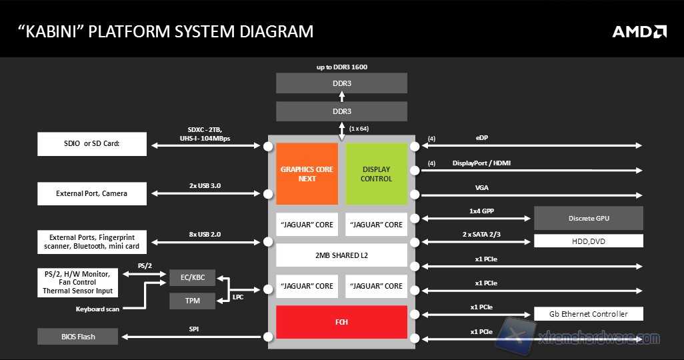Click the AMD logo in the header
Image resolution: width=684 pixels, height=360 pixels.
click(x=639, y=31)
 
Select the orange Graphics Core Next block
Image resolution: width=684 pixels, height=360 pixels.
click(x=307, y=174)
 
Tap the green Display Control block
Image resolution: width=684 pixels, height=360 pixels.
click(x=376, y=174)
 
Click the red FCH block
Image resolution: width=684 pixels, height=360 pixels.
click(x=341, y=322)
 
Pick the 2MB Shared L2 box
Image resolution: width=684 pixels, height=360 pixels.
click(x=341, y=255)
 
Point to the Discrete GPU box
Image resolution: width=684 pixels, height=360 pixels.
click(x=589, y=218)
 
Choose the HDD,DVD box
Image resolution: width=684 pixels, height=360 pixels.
click(x=589, y=241)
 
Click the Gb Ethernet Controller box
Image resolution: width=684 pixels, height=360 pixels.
click(x=589, y=314)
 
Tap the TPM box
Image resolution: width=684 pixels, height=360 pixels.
click(x=192, y=301)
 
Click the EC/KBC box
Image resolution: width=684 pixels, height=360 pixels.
click(x=192, y=277)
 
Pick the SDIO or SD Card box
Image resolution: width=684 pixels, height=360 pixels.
click(x=92, y=144)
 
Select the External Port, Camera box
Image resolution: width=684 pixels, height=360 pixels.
click(x=92, y=194)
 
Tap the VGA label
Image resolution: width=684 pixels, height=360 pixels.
click(x=482, y=188)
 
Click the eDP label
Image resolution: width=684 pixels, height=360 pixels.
click(x=481, y=139)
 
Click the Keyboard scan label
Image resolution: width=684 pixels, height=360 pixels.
click(x=98, y=309)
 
